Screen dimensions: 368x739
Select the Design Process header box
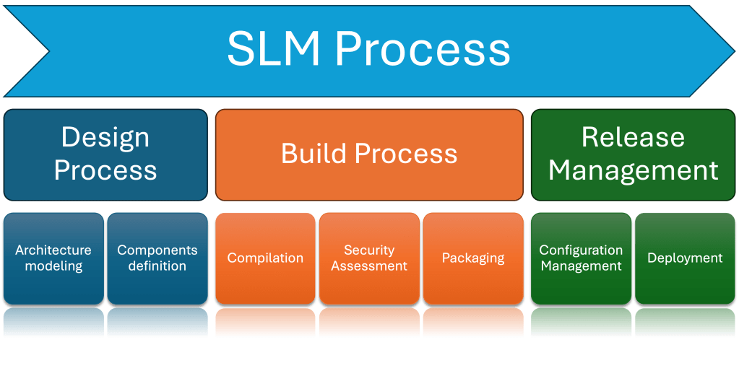click(x=105, y=154)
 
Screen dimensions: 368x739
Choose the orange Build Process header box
click(x=369, y=154)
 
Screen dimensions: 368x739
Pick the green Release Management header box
click(x=633, y=154)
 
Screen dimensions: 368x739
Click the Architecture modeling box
click(x=53, y=258)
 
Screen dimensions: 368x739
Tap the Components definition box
click(x=157, y=258)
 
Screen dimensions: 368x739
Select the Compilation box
click(x=265, y=258)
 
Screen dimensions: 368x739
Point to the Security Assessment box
click(x=369, y=258)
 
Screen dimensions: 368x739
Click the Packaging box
click(x=473, y=258)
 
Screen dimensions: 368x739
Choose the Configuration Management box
click(x=581, y=258)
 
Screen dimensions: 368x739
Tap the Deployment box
click(x=685, y=258)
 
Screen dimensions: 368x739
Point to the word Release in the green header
click(x=633, y=137)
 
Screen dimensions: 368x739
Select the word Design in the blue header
click(x=105, y=137)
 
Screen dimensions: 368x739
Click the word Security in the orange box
click(x=369, y=250)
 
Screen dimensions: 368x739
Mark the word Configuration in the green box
click(x=581, y=250)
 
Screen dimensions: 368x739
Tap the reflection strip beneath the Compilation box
click(x=265, y=323)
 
